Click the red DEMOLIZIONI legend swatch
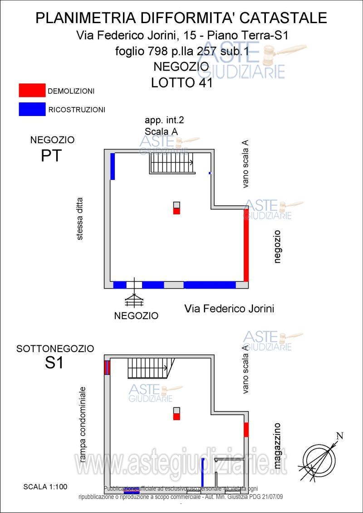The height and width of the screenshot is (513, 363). (32, 91)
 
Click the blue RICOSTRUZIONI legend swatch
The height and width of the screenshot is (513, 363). (32, 109)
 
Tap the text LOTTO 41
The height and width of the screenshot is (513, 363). (181, 83)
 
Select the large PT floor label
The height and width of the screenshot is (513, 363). (51, 156)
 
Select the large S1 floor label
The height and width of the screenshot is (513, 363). (54, 363)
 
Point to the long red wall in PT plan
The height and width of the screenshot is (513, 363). (246, 245)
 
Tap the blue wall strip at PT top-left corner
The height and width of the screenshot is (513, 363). (112, 166)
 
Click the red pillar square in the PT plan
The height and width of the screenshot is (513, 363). (177, 211)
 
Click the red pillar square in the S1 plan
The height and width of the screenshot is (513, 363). (177, 416)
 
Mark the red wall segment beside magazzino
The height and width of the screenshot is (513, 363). (246, 429)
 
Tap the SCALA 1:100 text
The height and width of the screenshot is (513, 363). (45, 487)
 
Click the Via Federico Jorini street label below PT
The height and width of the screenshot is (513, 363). (229, 309)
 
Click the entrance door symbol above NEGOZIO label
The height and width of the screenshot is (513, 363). (134, 295)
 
